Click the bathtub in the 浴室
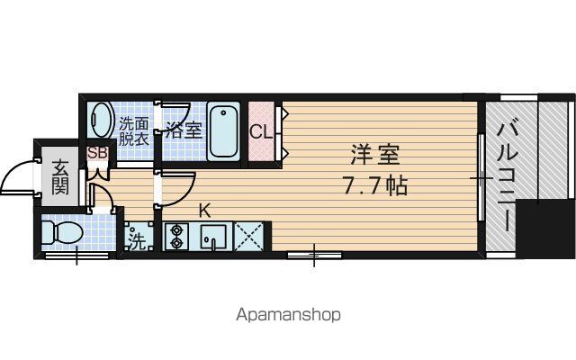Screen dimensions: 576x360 click(x=223, y=131)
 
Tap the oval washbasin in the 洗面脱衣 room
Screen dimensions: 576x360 click(x=102, y=120)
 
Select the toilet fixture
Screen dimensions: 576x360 click(x=61, y=232)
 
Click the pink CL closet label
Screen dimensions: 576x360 click(x=261, y=132)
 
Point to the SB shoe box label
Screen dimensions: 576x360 click(x=97, y=153)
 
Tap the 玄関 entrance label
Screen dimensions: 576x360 click(x=60, y=177)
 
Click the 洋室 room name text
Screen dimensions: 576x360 click(x=374, y=155)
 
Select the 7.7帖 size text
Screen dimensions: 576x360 click(x=374, y=185)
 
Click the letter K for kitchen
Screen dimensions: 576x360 click(x=204, y=211)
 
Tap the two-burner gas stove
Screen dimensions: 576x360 click(x=176, y=236)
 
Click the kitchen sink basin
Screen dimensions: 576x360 click(x=213, y=237)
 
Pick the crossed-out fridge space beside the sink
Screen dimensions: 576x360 click(x=248, y=236)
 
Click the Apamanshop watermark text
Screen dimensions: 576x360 click(x=288, y=315)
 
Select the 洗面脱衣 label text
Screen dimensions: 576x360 click(x=134, y=131)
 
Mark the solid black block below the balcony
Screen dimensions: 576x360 click(x=545, y=229)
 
